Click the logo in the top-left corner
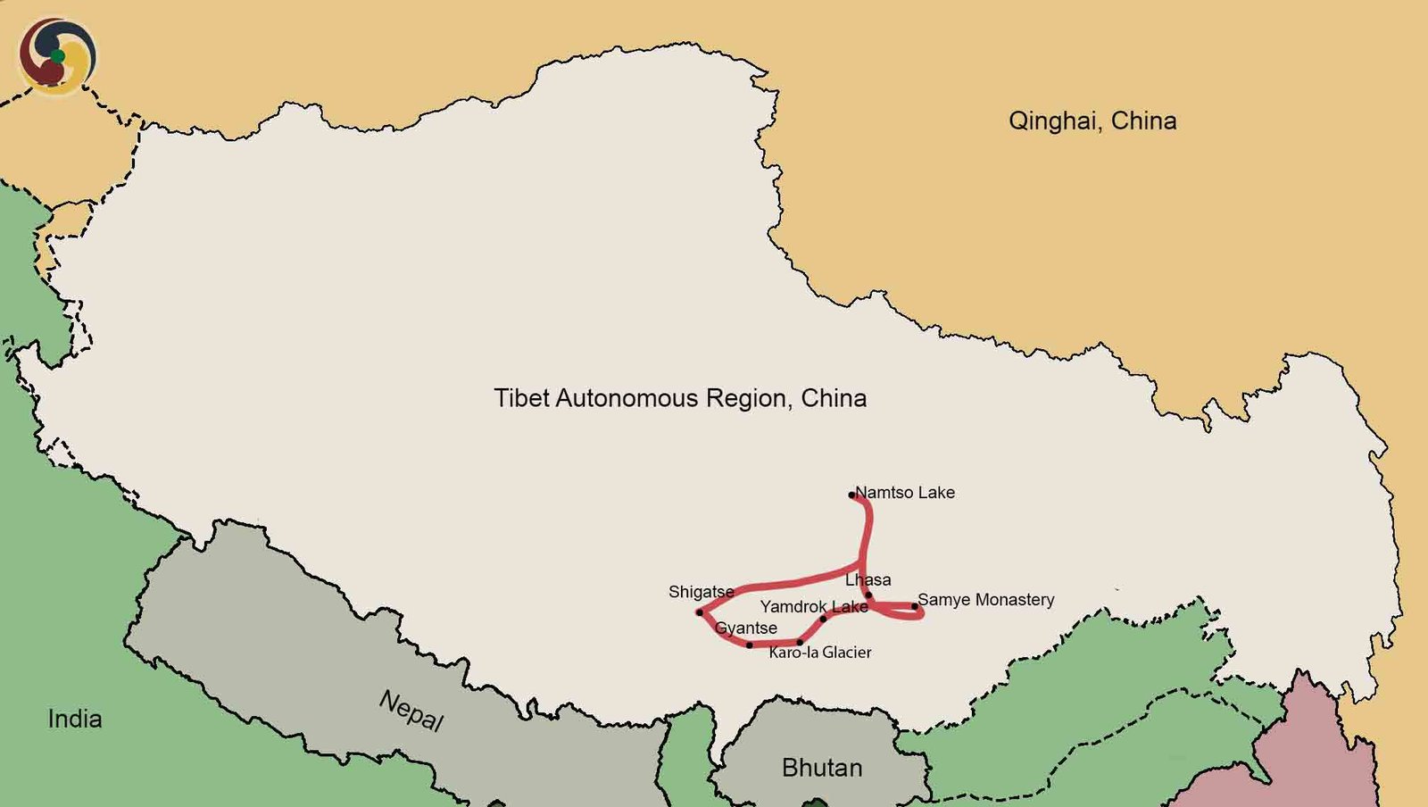[57, 55]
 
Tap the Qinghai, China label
[1092, 121]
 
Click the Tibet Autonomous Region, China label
[680, 398]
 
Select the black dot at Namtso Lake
[852, 495]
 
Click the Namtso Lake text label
[905, 493]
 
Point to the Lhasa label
[868, 580]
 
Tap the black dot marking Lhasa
[868, 595]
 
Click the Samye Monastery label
[985, 600]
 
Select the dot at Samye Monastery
[914, 607]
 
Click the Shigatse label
[701, 592]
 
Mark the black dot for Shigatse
[700, 612]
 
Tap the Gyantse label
[746, 628]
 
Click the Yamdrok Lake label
[814, 607]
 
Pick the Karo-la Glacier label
[820, 653]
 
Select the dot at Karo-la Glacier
[800, 643]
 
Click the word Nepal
[411, 711]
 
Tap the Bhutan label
[822, 768]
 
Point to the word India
[75, 719]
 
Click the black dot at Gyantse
[750, 645]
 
